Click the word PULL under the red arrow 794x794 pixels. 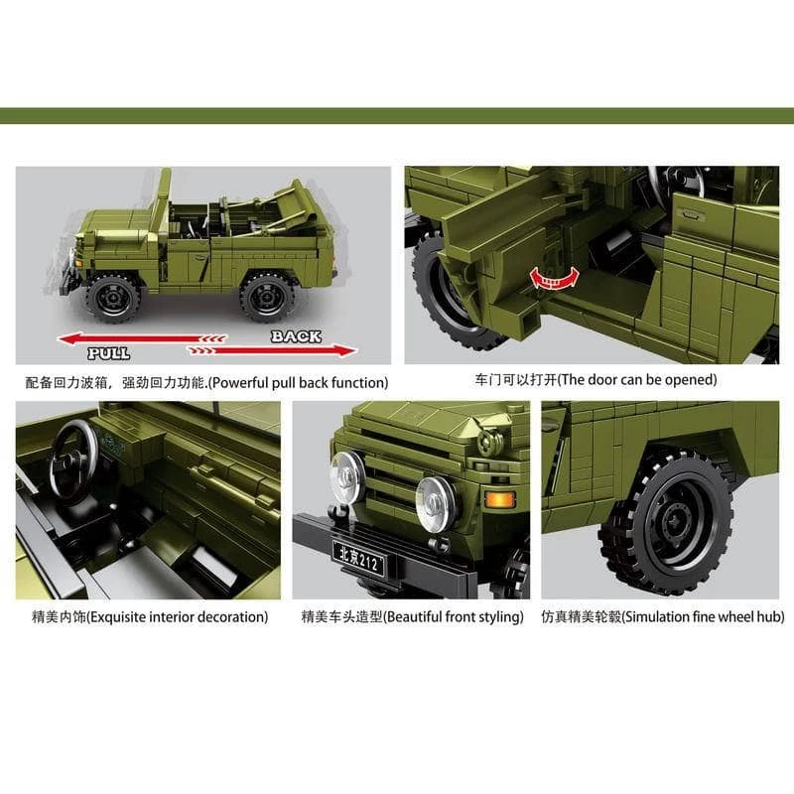(x=108, y=353)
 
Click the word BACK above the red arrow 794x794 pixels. (x=296, y=336)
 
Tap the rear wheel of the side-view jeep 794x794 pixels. (x=267, y=297)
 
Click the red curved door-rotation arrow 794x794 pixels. (x=554, y=278)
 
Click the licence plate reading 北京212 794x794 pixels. (x=358, y=558)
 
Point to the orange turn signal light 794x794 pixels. (x=500, y=499)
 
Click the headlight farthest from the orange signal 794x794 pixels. (x=347, y=477)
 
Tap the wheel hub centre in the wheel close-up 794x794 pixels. (x=674, y=522)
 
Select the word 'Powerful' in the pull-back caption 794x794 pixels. (x=238, y=382)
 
